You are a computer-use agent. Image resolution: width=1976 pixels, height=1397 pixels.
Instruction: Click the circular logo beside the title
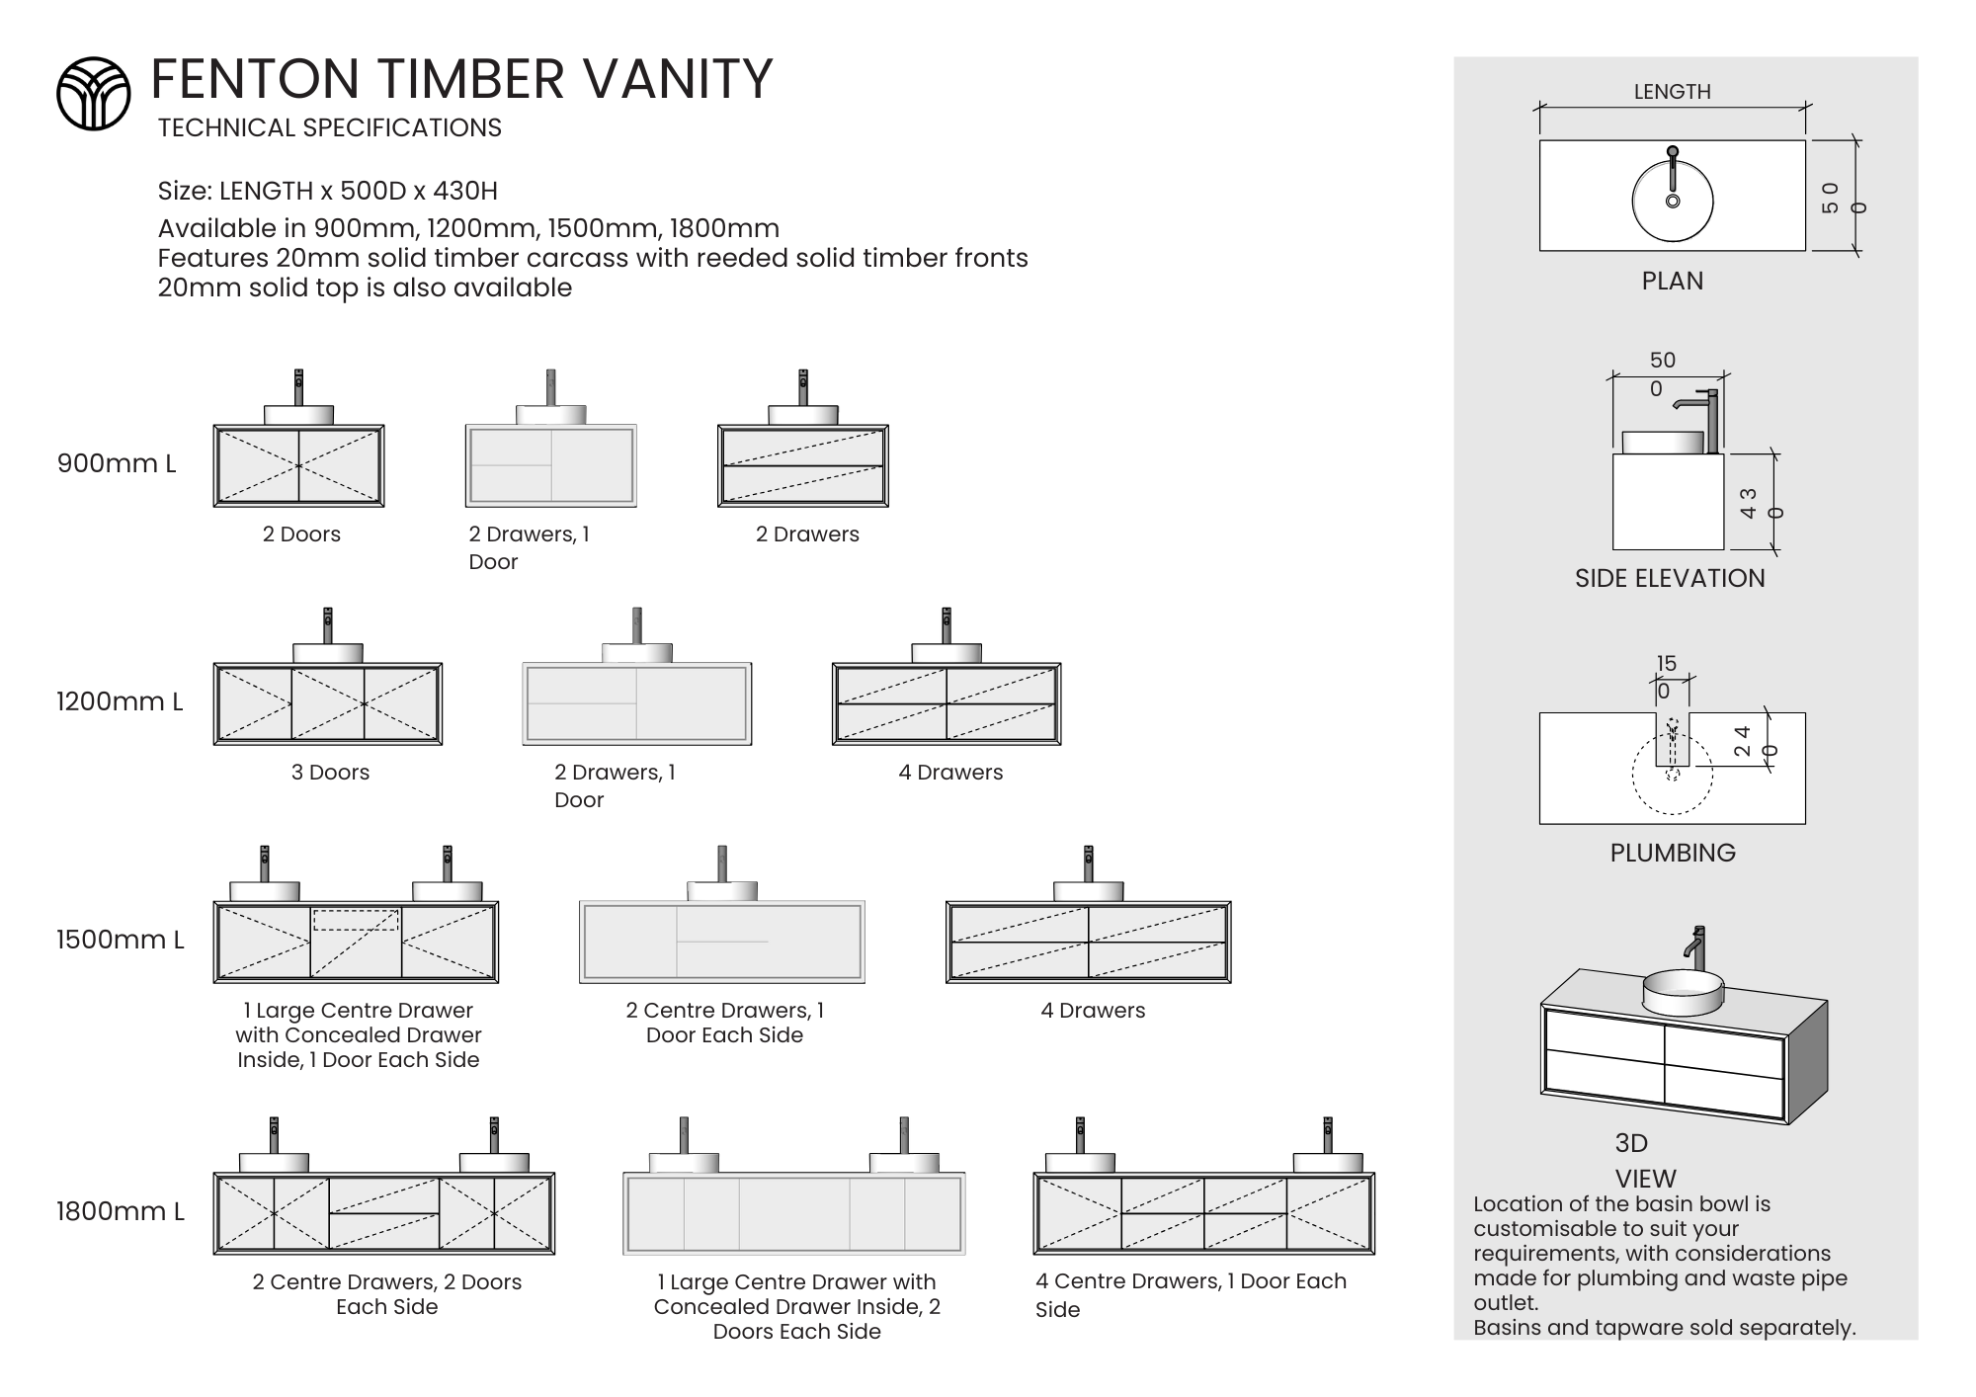point(93,93)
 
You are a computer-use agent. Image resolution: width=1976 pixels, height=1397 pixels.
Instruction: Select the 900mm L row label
point(117,463)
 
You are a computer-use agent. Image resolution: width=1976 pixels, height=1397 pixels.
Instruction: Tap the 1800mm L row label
point(120,1211)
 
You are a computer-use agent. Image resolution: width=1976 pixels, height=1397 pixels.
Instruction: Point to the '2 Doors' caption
point(301,534)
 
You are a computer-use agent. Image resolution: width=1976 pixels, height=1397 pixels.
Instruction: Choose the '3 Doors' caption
point(330,773)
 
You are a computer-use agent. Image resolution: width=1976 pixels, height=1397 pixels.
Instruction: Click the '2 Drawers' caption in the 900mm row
point(807,534)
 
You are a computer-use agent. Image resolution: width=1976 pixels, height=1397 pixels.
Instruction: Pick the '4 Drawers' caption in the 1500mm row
point(1093,1011)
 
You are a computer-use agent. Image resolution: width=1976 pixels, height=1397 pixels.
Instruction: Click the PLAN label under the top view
point(1672,282)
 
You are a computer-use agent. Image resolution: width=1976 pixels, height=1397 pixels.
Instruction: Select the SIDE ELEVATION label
point(1670,579)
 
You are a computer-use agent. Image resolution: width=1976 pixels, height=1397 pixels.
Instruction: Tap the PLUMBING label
point(1672,854)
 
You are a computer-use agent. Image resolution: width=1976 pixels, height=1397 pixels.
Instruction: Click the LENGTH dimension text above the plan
point(1672,92)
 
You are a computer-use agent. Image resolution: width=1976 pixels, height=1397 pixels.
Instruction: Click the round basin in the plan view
point(1672,202)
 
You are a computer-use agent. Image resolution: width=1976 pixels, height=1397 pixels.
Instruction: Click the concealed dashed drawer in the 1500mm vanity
point(356,921)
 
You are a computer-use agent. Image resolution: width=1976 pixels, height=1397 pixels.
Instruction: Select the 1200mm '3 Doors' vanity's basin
point(328,653)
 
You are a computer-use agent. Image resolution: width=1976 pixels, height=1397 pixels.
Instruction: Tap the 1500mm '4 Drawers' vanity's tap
point(1088,863)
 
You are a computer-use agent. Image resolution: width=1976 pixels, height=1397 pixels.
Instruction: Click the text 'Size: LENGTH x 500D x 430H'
point(328,191)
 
